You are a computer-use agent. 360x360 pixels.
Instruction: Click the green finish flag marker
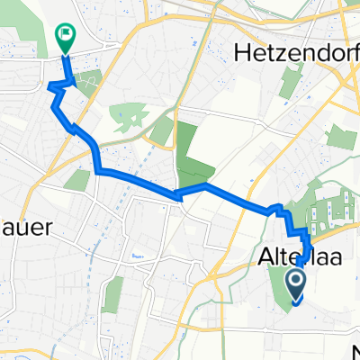point(65,36)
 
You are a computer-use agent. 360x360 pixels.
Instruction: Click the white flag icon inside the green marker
point(65,34)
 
